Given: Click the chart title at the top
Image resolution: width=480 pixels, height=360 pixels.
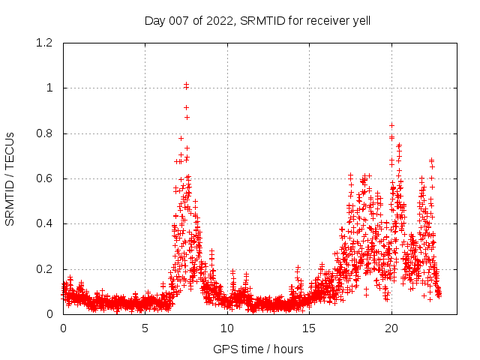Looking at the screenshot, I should coord(257,20).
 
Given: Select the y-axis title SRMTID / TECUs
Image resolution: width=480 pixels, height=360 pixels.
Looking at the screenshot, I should coord(10,178).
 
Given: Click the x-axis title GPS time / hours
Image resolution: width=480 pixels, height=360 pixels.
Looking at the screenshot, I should coord(258,349).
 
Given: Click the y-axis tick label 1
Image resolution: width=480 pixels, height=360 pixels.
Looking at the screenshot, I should coord(49,88).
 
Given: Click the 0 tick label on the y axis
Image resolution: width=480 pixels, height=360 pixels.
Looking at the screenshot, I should coord(49,314).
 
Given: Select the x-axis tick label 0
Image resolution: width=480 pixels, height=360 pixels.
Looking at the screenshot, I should coord(63,328).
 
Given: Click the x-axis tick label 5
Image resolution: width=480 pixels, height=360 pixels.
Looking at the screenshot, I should coord(145,328).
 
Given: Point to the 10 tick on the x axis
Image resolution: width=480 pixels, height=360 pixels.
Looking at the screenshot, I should coord(227,328).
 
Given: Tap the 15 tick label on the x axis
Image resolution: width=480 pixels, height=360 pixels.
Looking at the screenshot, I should coord(309,328).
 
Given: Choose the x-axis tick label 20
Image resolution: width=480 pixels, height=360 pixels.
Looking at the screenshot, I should coord(391,328).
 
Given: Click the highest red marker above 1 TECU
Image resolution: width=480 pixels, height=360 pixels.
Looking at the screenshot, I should coord(186,85).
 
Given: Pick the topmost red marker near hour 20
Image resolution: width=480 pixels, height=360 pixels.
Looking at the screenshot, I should coord(391,125).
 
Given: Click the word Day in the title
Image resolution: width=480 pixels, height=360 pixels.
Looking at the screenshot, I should coord(154,20).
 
